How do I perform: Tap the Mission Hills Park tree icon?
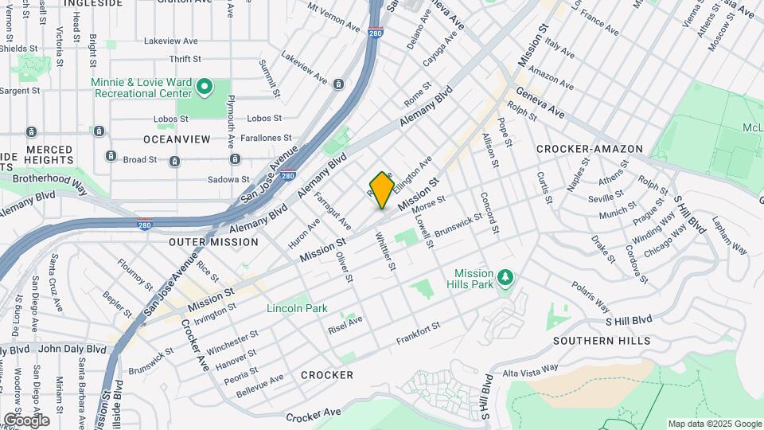click(x=505, y=277)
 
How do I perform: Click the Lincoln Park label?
click(x=297, y=308)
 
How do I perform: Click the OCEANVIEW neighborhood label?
click(x=177, y=139)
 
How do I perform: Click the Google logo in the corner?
click(x=25, y=420)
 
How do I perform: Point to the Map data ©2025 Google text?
click(x=714, y=424)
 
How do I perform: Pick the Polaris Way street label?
click(x=590, y=296)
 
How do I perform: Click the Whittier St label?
click(x=385, y=251)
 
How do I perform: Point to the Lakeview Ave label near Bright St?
click(x=170, y=41)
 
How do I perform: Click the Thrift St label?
click(x=185, y=59)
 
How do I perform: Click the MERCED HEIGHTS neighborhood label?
click(x=48, y=155)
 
